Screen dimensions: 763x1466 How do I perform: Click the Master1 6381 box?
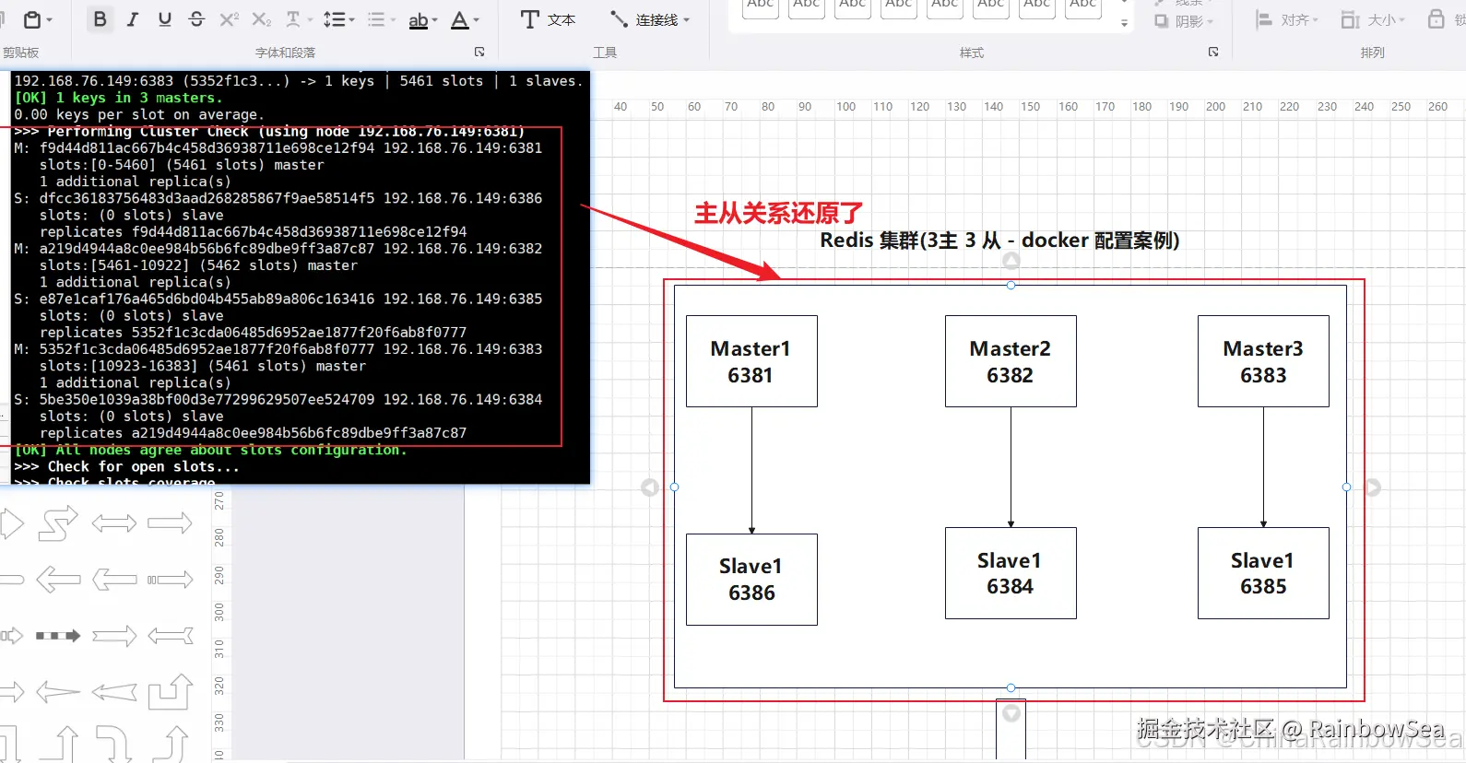[x=751, y=361]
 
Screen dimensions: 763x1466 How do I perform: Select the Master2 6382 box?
[x=1011, y=361]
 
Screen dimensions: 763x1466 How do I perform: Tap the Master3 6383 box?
[x=1263, y=361]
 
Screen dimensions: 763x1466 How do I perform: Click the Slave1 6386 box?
[x=751, y=580]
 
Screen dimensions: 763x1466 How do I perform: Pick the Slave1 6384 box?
[x=1011, y=573]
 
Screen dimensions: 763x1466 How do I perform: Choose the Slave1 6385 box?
[x=1263, y=573]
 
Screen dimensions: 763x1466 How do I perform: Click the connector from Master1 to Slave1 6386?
[x=751, y=470]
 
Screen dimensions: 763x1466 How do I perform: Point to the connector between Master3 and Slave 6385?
[x=1263, y=467]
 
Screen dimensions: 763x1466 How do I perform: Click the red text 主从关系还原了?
[x=778, y=214]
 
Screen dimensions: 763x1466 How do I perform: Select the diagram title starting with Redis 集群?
[x=999, y=241]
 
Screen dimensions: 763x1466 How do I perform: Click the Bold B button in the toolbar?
[x=100, y=19]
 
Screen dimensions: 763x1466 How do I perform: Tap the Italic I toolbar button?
[x=133, y=19]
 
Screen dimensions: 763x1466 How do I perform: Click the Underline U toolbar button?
[x=165, y=19]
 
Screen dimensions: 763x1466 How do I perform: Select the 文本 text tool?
[x=548, y=19]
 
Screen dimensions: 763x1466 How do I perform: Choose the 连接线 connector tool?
[x=650, y=19]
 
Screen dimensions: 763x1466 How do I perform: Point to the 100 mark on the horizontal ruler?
[x=845, y=107]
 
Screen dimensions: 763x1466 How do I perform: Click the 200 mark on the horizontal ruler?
[x=1215, y=107]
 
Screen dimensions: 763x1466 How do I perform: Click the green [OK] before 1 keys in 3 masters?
[x=30, y=98]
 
